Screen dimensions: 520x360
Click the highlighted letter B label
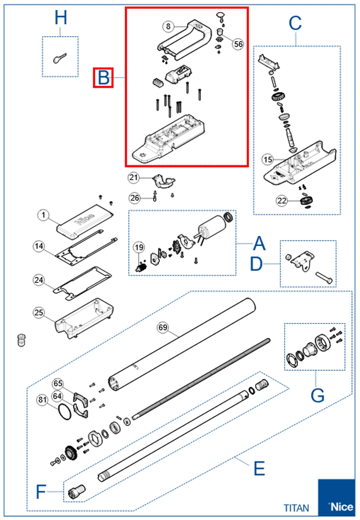(103, 78)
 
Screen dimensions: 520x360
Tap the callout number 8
(168, 26)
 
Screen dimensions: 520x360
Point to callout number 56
(238, 44)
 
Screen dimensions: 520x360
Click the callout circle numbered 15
(268, 160)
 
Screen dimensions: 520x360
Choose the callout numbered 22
(282, 201)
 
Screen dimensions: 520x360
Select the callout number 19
(139, 248)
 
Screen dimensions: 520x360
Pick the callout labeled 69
(163, 327)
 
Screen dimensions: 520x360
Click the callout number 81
(42, 400)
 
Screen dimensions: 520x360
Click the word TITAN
(296, 508)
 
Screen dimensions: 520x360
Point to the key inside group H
(60, 58)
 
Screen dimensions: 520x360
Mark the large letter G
(317, 395)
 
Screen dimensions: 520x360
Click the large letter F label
(41, 492)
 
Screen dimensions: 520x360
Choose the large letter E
(259, 468)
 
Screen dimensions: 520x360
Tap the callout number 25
(39, 312)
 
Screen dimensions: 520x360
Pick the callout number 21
(133, 178)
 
